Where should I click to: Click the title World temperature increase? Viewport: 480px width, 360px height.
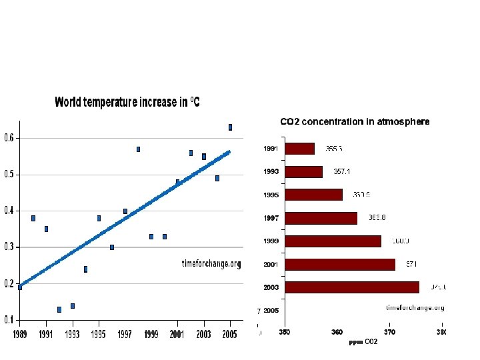pyautogui.click(x=127, y=103)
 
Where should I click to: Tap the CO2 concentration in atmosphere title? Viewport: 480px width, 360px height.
pyautogui.click(x=355, y=122)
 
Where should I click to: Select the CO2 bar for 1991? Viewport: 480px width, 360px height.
pyautogui.click(x=299, y=149)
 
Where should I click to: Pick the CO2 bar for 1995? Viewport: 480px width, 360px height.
pyautogui.click(x=313, y=195)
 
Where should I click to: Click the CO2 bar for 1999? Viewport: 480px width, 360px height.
pyautogui.click(x=333, y=241)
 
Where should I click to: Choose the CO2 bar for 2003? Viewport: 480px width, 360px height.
pyautogui.click(x=352, y=287)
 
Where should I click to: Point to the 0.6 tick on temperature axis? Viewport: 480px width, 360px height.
pyautogui.click(x=10, y=138)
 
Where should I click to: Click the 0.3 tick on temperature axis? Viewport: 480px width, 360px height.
pyautogui.click(x=10, y=247)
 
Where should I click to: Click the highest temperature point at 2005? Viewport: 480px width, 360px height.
pyautogui.click(x=230, y=127)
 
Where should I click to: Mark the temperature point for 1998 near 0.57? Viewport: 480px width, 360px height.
pyautogui.click(x=138, y=149)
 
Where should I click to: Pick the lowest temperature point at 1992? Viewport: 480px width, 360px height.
pyautogui.click(x=59, y=309)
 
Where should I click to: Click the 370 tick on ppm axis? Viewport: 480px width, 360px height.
pyautogui.click(x=389, y=332)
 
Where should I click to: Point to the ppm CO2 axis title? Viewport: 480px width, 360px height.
pyautogui.click(x=363, y=342)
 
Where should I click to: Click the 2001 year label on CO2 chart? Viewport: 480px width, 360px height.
pyautogui.click(x=271, y=265)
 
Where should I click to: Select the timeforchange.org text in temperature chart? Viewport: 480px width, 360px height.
pyautogui.click(x=211, y=264)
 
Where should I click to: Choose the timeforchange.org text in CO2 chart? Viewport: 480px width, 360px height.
pyautogui.click(x=415, y=308)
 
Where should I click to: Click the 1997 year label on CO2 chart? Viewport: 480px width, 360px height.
pyautogui.click(x=271, y=218)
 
